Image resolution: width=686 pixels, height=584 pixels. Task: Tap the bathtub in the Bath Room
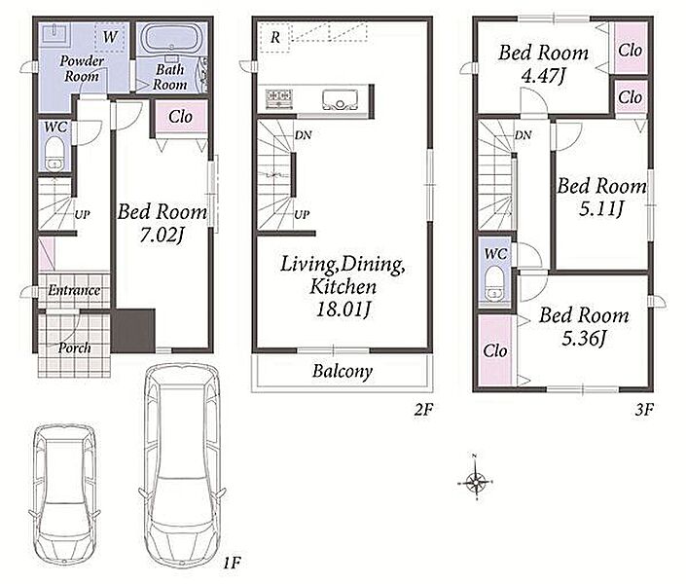click(x=171, y=38)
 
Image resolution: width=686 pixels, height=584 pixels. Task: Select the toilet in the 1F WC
click(x=54, y=153)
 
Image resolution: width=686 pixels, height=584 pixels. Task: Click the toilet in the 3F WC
click(x=495, y=283)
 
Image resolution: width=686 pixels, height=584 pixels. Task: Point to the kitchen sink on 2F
click(x=340, y=100)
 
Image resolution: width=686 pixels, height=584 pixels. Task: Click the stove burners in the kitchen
click(x=278, y=98)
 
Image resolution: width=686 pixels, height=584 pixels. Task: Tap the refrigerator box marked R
click(x=274, y=38)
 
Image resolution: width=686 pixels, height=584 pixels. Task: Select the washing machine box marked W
click(x=110, y=38)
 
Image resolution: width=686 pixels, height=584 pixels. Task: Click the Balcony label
click(x=343, y=371)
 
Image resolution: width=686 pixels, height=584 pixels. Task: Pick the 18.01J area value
click(x=343, y=310)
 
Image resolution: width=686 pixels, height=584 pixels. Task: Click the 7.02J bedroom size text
click(x=161, y=236)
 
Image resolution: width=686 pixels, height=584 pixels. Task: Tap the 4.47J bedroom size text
click(x=543, y=76)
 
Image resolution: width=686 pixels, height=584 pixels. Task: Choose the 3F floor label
click(x=644, y=410)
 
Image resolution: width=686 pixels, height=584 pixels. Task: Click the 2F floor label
click(x=423, y=410)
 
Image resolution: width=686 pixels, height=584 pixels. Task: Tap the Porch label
click(x=75, y=348)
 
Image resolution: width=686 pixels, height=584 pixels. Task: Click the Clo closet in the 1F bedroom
click(x=180, y=117)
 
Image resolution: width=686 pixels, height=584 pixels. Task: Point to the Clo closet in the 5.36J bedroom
click(x=495, y=350)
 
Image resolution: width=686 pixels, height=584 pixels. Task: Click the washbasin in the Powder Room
click(x=54, y=34)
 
